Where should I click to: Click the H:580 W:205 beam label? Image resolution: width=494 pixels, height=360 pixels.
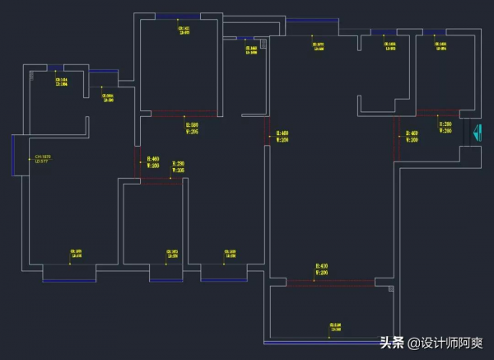pyautogui.click(x=190, y=128)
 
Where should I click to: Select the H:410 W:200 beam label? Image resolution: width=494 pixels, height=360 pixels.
pyautogui.click(x=322, y=269)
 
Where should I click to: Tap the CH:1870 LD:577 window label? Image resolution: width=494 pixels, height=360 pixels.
pyautogui.click(x=40, y=158)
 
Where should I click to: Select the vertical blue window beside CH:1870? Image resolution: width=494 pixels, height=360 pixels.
pyautogui.click(x=12, y=157)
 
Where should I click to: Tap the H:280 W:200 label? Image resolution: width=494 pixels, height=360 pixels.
pyautogui.click(x=445, y=128)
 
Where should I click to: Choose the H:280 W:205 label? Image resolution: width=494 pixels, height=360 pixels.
pyautogui.click(x=178, y=167)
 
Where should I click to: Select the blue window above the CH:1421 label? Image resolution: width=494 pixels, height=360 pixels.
pyautogui.click(x=177, y=16)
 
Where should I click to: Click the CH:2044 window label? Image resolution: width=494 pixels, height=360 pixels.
pyautogui.click(x=107, y=97)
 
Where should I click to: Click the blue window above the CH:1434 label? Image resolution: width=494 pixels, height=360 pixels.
pyautogui.click(x=56, y=68)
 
